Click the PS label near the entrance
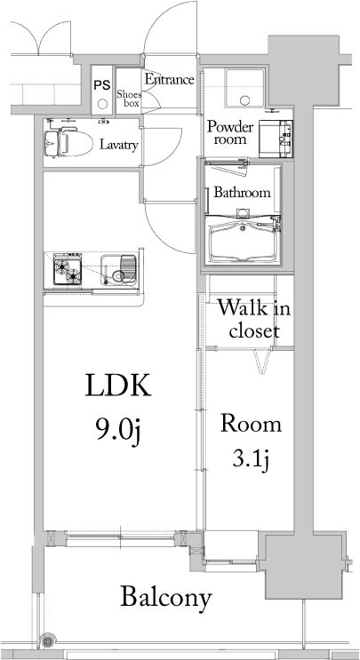click(102, 85)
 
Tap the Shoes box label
click(129, 96)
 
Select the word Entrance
click(169, 79)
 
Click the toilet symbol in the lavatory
click(62, 142)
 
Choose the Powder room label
click(231, 133)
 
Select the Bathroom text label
click(241, 193)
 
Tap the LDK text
click(119, 386)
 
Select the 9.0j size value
click(119, 429)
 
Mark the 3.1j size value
click(251, 460)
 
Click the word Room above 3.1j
click(251, 424)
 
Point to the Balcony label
click(167, 597)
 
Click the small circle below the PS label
click(102, 103)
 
